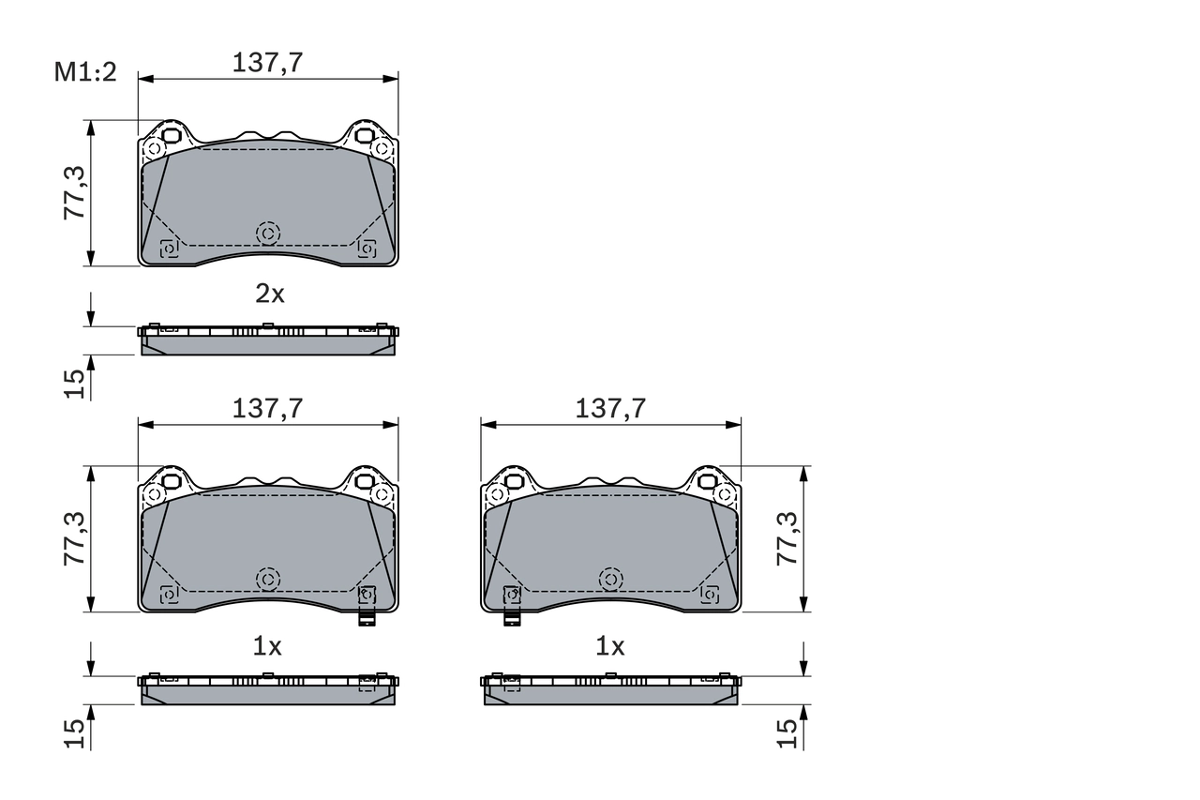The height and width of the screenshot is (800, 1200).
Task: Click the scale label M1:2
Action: click(84, 72)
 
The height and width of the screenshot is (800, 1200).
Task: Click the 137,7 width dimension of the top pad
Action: click(267, 63)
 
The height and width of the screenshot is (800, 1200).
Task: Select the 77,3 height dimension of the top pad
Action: click(75, 192)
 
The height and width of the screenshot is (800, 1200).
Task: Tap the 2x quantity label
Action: click(270, 294)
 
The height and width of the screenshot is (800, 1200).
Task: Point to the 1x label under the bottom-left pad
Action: click(267, 646)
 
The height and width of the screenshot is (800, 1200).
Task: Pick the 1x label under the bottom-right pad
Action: click(610, 646)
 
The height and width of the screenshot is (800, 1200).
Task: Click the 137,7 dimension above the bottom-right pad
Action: click(610, 408)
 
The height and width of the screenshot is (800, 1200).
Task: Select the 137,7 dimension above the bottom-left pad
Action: click(267, 408)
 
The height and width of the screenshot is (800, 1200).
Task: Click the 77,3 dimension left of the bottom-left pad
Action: click(75, 538)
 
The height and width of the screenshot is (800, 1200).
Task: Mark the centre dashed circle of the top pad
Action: click(268, 233)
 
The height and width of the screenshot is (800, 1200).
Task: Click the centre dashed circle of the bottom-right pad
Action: click(611, 580)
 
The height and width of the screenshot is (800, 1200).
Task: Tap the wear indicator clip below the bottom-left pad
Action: click(367, 618)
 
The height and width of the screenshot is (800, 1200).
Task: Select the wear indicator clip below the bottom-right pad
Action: click(512, 618)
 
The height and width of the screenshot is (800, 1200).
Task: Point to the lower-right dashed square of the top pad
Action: click(367, 248)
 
